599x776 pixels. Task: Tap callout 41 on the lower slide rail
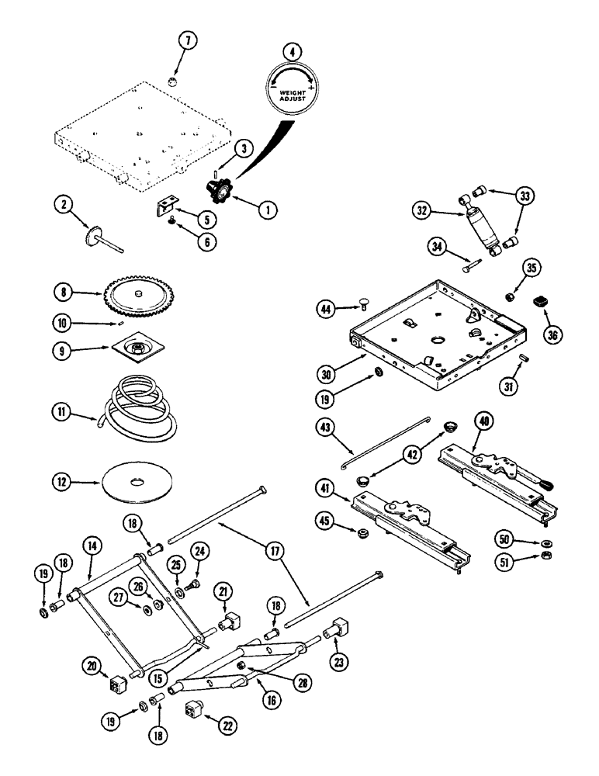tap(328, 488)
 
